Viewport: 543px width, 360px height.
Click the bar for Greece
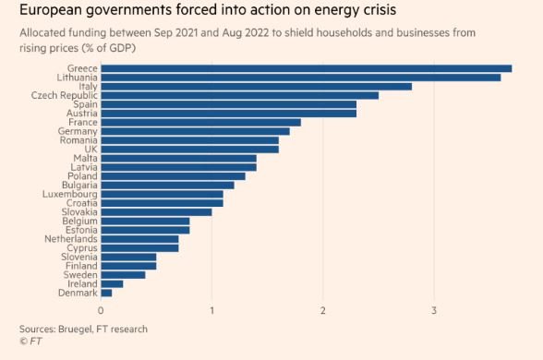[306, 68]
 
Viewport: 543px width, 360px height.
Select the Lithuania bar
[300, 78]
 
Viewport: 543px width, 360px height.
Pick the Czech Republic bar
[239, 95]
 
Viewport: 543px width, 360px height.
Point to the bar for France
[200, 122]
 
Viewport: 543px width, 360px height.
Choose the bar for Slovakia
[156, 211]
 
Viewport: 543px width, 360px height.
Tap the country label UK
[90, 149]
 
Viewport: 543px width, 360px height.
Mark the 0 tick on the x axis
[101, 309]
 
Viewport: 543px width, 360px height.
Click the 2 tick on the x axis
[323, 309]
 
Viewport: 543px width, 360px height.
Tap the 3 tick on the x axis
[434, 309]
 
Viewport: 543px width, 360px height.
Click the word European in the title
[55, 12]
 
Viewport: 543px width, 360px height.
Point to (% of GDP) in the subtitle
[114, 47]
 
